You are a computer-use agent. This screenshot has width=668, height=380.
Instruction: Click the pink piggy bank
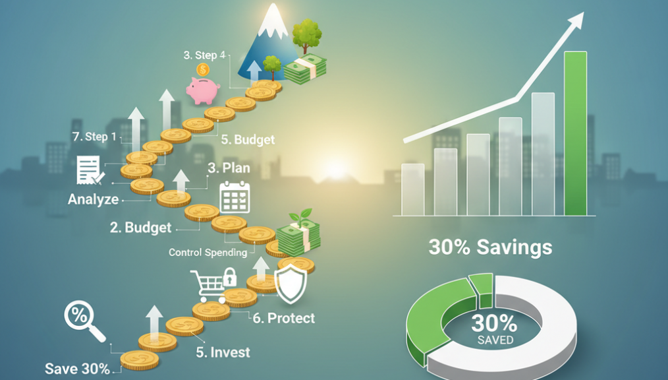pyautogui.click(x=202, y=90)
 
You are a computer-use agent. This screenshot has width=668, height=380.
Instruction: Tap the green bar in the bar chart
pyautogui.click(x=575, y=133)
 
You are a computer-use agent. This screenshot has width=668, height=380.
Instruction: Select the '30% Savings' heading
pyautogui.click(x=490, y=247)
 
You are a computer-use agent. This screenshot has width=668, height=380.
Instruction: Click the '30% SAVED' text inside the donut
pyautogui.click(x=495, y=329)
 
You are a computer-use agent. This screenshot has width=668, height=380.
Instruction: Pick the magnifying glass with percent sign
pyautogui.click(x=84, y=320)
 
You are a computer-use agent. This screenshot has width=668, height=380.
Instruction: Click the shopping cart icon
pyautogui.click(x=208, y=286)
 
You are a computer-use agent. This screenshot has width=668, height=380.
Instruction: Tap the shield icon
pyautogui.click(x=291, y=283)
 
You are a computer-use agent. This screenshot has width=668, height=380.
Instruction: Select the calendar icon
pyautogui.click(x=235, y=197)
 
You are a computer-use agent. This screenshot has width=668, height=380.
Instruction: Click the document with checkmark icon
pyautogui.click(x=90, y=170)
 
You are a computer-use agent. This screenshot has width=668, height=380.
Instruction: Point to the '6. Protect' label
pyautogui.click(x=284, y=318)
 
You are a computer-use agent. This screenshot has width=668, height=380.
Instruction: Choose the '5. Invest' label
pyautogui.click(x=223, y=352)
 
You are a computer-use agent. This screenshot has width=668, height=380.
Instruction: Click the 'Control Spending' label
pyautogui.click(x=208, y=253)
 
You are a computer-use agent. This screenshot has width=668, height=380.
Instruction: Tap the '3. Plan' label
pyautogui.click(x=229, y=168)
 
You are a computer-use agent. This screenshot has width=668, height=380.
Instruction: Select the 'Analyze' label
pyautogui.click(x=94, y=199)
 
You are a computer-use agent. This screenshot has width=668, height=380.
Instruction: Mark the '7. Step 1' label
pyautogui.click(x=94, y=137)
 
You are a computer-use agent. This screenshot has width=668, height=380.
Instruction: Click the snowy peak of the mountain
pyautogui.click(x=272, y=20)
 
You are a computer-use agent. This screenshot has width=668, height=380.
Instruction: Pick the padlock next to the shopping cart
pyautogui.click(x=230, y=277)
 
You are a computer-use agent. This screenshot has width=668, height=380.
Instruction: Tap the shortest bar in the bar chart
pyautogui.click(x=413, y=190)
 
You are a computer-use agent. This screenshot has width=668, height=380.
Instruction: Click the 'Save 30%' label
pyautogui.click(x=77, y=369)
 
